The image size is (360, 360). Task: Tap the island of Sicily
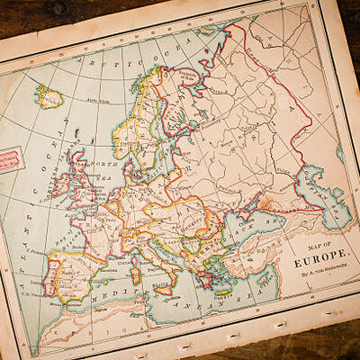point(165,288)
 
